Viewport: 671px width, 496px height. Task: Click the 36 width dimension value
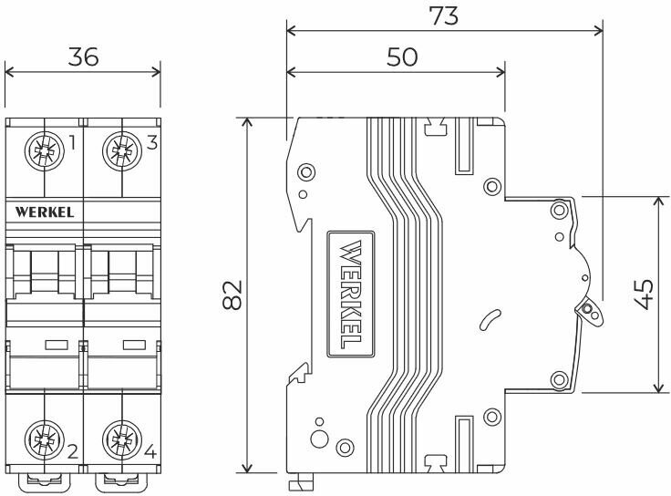(83, 57)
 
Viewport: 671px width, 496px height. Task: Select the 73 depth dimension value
(444, 15)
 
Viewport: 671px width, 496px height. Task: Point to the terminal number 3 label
(150, 142)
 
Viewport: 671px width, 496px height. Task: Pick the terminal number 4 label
(150, 450)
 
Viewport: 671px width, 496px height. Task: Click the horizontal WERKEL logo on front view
(45, 212)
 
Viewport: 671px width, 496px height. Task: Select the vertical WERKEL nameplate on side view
(349, 295)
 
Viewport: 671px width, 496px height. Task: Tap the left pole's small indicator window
(56, 345)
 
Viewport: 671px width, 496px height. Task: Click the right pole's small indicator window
(134, 345)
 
